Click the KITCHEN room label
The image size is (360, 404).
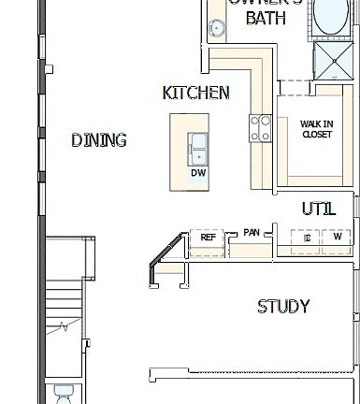click(x=195, y=93)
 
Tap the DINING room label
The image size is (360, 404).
click(x=99, y=141)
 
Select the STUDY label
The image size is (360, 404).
click(x=283, y=307)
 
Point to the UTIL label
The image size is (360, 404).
click(x=318, y=209)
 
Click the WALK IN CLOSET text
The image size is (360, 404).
click(x=316, y=129)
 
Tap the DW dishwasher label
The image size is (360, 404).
click(x=198, y=173)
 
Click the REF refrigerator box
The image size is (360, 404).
click(x=208, y=238)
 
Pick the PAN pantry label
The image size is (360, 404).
click(x=252, y=232)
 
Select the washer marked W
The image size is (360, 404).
click(x=337, y=238)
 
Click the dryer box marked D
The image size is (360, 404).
click(x=307, y=239)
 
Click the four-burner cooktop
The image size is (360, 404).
click(x=260, y=128)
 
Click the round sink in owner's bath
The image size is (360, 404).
click(x=216, y=29)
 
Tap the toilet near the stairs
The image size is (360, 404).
click(x=64, y=394)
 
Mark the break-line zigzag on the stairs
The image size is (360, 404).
click(x=64, y=326)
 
